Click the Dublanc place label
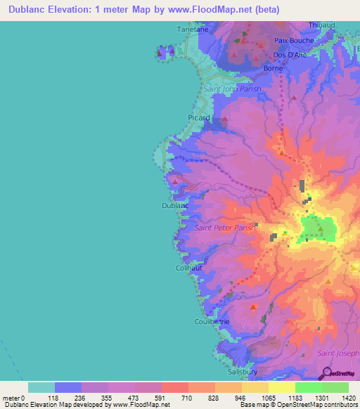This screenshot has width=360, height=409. [174, 206]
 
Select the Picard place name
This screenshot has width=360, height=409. [199, 118]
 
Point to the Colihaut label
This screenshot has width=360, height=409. [189, 268]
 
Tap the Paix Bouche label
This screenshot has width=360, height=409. [294, 41]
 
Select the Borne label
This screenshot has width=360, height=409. [273, 68]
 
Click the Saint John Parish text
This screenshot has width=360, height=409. [231, 89]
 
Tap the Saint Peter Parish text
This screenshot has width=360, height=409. [224, 228]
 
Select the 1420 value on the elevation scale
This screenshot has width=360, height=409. [347, 398]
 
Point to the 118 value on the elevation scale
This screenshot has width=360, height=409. [55, 398]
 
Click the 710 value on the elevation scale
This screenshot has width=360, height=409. [188, 398]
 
